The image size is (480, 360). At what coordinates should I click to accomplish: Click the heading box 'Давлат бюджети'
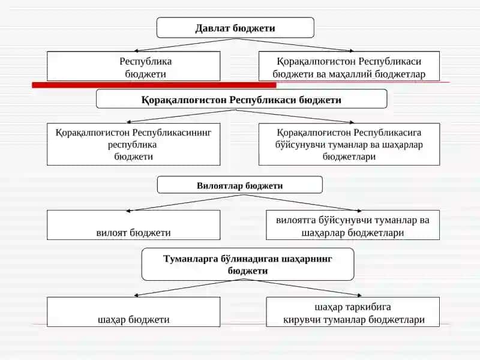(x=235, y=28)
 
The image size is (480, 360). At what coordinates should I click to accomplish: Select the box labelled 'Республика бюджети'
(x=133, y=66)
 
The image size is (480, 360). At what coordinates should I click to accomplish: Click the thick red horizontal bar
(x=154, y=85)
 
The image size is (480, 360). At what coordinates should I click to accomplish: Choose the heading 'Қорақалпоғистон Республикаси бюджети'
(x=241, y=99)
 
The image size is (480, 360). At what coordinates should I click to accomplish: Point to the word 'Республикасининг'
(x=172, y=133)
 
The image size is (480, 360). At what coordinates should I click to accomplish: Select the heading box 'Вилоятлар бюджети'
(x=239, y=185)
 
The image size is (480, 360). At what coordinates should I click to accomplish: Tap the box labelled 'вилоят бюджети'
(x=133, y=224)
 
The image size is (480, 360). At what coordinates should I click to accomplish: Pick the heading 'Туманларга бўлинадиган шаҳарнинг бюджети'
(x=248, y=265)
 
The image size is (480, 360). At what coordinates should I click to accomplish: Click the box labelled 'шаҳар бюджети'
(x=133, y=311)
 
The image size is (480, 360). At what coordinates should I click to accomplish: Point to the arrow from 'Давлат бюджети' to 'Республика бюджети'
(x=185, y=44)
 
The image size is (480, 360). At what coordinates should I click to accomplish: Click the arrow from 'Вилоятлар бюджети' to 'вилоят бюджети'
(x=185, y=203)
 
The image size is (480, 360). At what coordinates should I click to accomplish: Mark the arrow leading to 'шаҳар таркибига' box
(x=302, y=287)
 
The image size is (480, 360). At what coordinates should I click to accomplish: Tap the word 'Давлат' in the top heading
(x=212, y=28)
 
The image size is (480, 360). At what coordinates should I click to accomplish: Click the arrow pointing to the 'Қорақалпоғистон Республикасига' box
(x=294, y=116)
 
